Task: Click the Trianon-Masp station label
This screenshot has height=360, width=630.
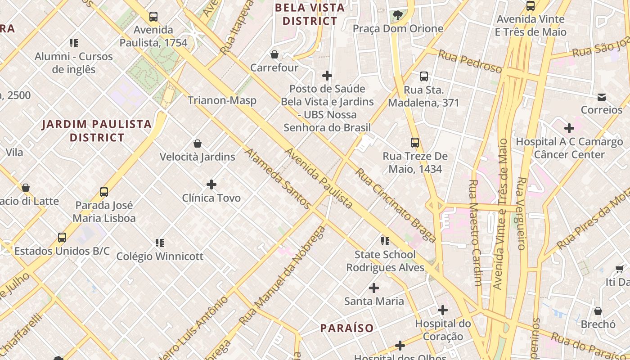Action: pos(222,100)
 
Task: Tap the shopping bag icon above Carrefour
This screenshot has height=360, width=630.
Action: pos(274,55)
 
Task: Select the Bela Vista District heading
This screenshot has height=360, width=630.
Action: pos(310,14)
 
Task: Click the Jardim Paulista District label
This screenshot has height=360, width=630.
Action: pos(97,130)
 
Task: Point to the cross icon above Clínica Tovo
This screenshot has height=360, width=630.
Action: pos(211,184)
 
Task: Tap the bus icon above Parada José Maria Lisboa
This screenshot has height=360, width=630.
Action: pos(104,192)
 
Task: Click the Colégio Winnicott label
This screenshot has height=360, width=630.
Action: pos(160,256)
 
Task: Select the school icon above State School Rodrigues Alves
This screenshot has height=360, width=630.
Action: pos(385,241)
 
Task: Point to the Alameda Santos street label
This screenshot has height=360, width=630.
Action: pos(277,179)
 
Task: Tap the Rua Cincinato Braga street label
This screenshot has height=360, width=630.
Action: pos(395,205)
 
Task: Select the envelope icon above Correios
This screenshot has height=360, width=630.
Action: pos(601,97)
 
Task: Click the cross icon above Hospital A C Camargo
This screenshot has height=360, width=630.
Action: pos(569,128)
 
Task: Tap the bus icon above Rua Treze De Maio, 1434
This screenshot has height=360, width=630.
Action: pos(415,143)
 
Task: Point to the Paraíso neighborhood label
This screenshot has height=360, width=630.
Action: pos(347,328)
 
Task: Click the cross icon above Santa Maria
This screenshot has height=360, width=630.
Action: pos(374,288)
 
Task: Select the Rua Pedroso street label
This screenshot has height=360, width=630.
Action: pos(470,62)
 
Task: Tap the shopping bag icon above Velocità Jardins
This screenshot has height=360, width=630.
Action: pos(198,144)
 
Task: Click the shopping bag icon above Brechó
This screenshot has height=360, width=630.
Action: pos(598,311)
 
